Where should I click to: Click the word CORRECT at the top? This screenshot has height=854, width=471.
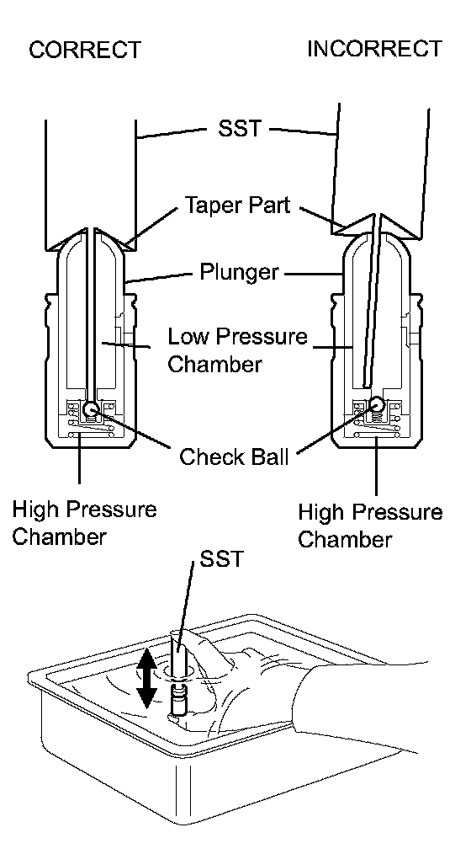(84, 50)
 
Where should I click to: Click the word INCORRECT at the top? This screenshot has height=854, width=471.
(375, 49)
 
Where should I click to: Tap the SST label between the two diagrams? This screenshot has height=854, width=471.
(240, 129)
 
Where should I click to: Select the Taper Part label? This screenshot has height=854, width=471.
(238, 205)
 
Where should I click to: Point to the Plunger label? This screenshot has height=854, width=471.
(239, 271)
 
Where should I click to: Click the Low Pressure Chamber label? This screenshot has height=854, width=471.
(237, 350)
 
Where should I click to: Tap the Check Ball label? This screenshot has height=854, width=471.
(234, 456)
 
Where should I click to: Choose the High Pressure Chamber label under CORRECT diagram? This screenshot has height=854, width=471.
(84, 523)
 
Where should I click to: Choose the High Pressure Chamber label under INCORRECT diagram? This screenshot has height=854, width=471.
(370, 526)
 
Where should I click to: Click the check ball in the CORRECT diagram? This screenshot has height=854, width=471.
(91, 408)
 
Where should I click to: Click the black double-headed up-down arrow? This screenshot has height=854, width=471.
(146, 680)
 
